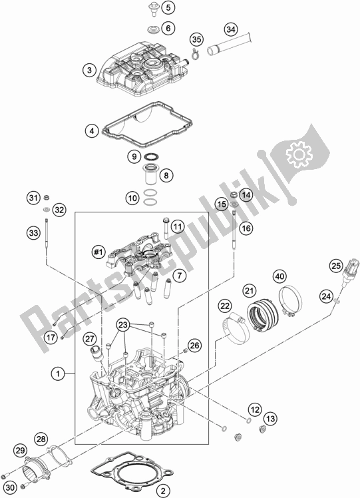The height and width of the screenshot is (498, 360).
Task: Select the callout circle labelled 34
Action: coord(231,30)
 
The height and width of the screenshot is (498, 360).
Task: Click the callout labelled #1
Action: coord(97,252)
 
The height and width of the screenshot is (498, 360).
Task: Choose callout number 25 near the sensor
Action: coord(337,266)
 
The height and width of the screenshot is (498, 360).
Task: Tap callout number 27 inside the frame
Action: coord(90,340)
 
